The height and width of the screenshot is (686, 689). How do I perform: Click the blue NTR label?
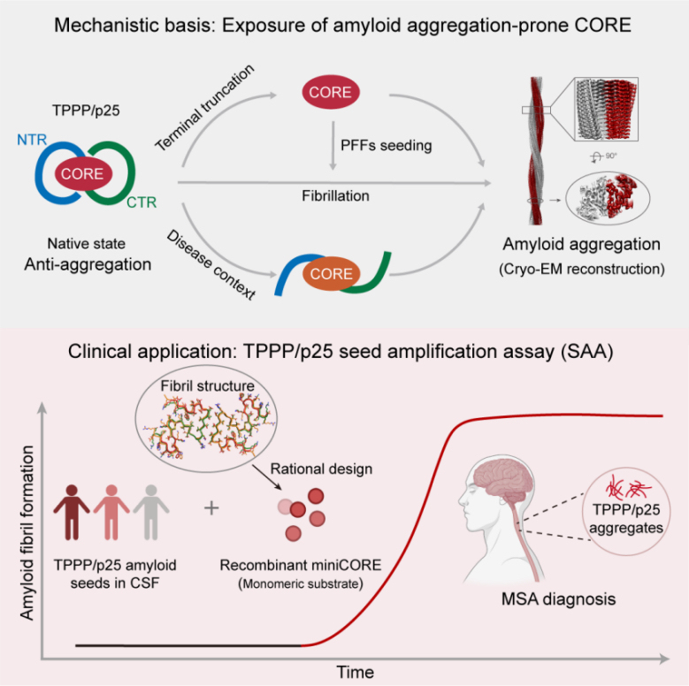tap(32, 140)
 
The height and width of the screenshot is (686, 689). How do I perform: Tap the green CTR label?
tap(142, 202)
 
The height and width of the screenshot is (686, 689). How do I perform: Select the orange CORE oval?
tap(332, 274)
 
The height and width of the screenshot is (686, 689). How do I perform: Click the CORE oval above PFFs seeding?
tap(331, 92)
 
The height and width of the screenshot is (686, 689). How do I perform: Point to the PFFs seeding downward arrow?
tap(333, 145)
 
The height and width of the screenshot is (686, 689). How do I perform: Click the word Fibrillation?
tap(335, 196)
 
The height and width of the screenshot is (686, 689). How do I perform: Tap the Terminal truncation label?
tap(205, 108)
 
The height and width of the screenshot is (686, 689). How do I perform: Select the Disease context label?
tap(211, 265)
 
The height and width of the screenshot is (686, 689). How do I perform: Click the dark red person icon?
tap(72, 512)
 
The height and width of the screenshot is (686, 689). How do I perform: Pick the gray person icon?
tap(151, 512)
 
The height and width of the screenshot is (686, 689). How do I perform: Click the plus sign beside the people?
tap(211, 508)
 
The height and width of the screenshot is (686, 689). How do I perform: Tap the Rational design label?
tap(321, 469)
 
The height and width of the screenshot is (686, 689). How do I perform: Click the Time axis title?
tap(355, 673)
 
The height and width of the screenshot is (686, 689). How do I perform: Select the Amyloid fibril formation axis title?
tap(27, 533)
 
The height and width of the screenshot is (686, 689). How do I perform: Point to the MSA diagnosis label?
tap(558, 599)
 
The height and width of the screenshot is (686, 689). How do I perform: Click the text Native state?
tap(86, 244)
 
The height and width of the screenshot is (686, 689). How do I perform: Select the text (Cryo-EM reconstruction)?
tap(581, 269)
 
